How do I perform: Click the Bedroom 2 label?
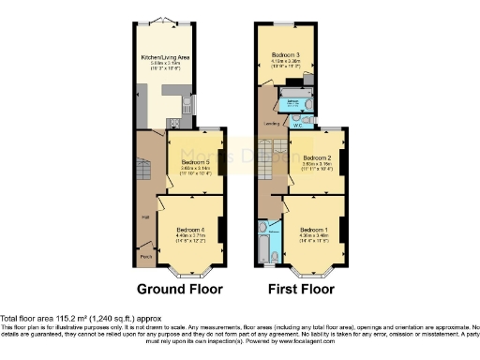[317, 157]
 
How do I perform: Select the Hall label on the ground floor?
[145, 217]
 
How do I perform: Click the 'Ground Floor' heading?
[177, 289]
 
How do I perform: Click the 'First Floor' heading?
[301, 289]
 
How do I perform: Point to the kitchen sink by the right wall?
[187, 104]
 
